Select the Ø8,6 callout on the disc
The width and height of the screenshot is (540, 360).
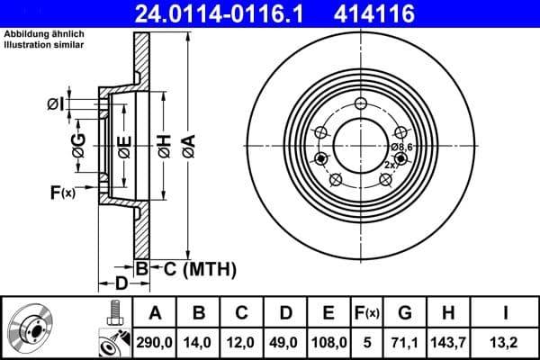point(401,147)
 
